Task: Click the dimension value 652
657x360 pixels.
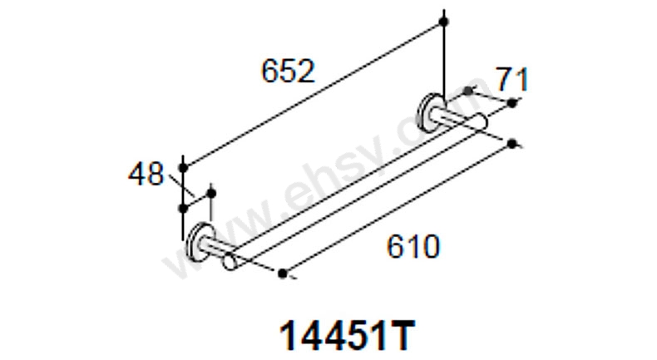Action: (288, 72)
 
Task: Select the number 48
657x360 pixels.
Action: (146, 175)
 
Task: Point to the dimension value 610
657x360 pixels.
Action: (412, 246)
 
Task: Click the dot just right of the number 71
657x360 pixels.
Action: (512, 103)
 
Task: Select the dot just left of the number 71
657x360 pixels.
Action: (468, 90)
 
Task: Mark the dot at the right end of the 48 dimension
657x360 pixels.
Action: (210, 193)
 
